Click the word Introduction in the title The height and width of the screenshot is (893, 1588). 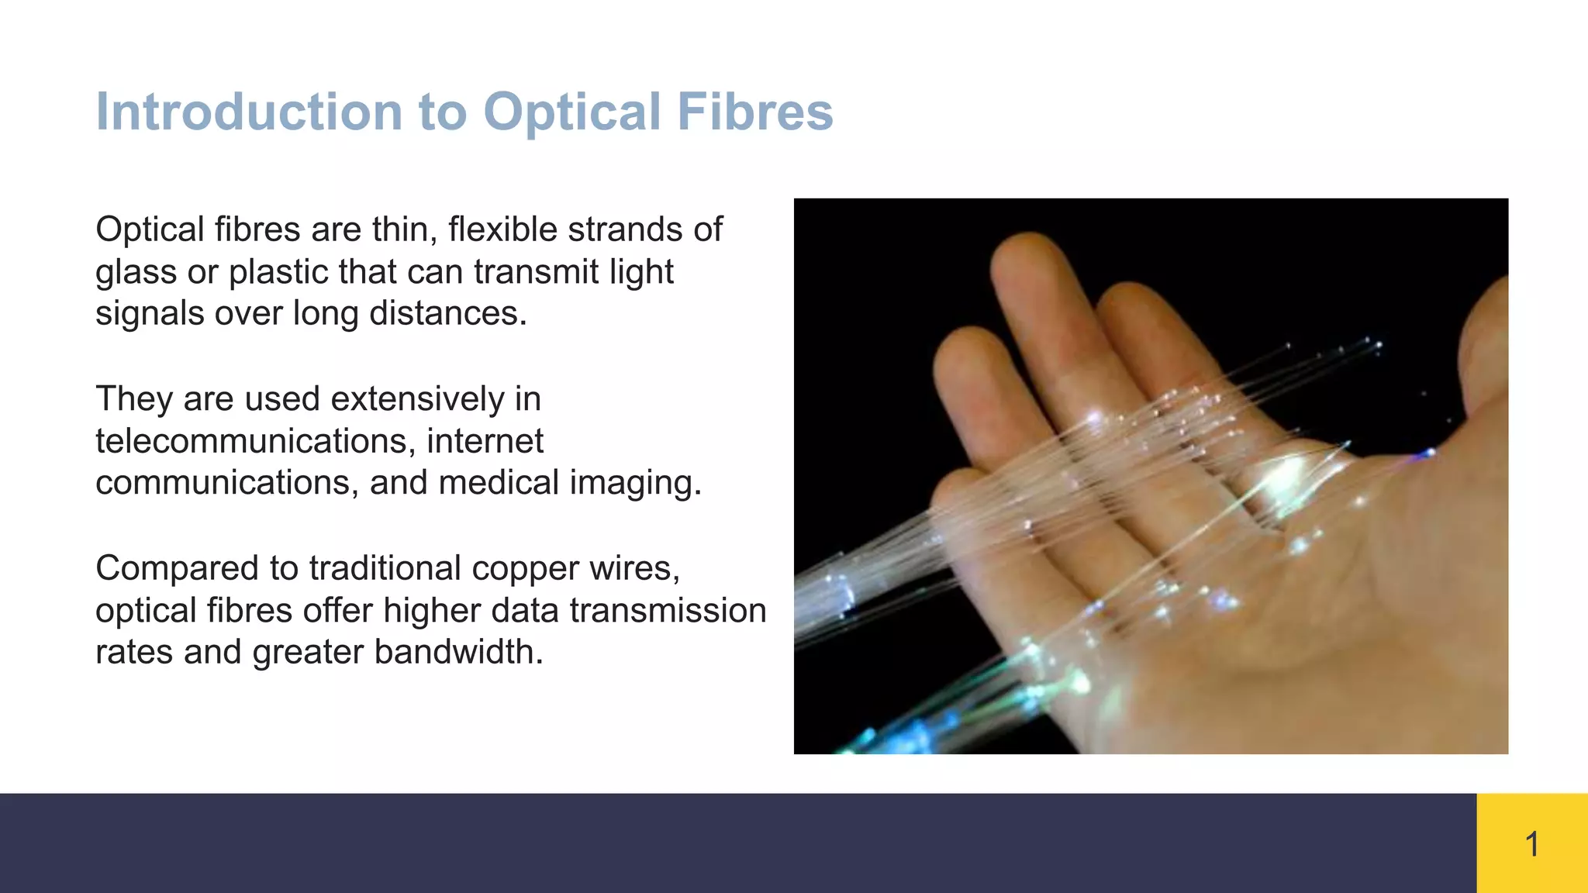(248, 112)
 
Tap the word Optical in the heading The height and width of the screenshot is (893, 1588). (571, 112)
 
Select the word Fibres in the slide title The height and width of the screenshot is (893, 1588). (754, 112)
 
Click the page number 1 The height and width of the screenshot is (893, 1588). (1531, 843)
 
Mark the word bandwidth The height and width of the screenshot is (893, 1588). (457, 652)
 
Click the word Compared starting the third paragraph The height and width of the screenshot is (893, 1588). (177, 568)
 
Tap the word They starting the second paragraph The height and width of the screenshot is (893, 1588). (134, 399)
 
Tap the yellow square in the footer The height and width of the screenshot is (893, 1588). (1531, 843)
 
